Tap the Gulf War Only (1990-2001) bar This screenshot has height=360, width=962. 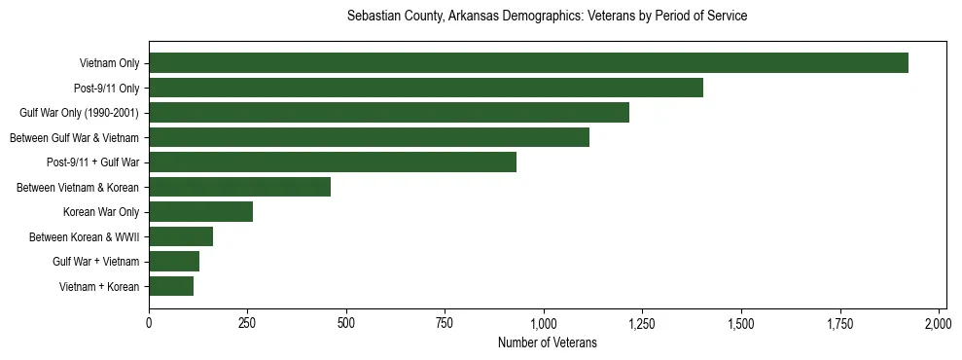click(x=389, y=113)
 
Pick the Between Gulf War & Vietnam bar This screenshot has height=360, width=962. click(x=369, y=137)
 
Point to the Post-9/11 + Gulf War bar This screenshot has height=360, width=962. click(x=333, y=162)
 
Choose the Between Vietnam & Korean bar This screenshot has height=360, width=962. click(x=239, y=187)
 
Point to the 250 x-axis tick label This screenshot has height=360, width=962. click(x=247, y=323)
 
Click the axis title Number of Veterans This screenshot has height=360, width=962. click(x=547, y=342)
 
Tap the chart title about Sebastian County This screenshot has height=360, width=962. click(x=547, y=17)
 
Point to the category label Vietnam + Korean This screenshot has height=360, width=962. click(x=99, y=286)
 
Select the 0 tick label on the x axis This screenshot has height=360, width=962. click(x=149, y=323)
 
